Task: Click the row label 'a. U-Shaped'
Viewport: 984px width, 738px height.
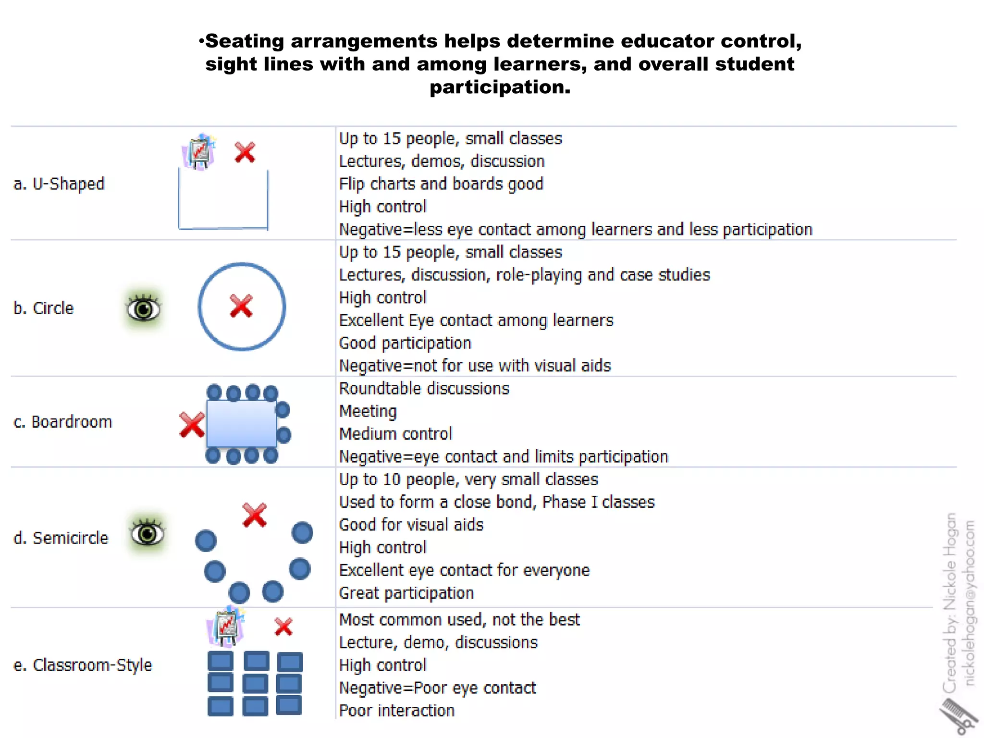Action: pyautogui.click(x=59, y=184)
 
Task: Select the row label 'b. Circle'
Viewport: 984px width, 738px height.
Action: pyautogui.click(x=44, y=308)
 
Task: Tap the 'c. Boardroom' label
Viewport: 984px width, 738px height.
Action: pyautogui.click(x=63, y=422)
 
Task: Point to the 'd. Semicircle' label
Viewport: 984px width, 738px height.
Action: pyautogui.click(x=61, y=538)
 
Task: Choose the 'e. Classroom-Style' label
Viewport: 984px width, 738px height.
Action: pyautogui.click(x=83, y=665)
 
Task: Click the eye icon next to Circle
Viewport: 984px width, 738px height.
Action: pyautogui.click(x=143, y=308)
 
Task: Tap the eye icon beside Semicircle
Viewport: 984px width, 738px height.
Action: pyautogui.click(x=147, y=534)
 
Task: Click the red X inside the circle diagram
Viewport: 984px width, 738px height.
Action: pyautogui.click(x=241, y=307)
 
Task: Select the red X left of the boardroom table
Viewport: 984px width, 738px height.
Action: pyautogui.click(x=192, y=425)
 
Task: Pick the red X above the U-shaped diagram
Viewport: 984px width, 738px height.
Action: pyautogui.click(x=245, y=152)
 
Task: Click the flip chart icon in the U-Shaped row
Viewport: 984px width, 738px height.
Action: pyautogui.click(x=199, y=152)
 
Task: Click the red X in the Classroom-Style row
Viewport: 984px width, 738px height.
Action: pyautogui.click(x=283, y=627)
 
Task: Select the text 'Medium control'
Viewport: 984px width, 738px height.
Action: pyautogui.click(x=395, y=434)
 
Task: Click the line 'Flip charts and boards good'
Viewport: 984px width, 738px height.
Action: pyautogui.click(x=441, y=184)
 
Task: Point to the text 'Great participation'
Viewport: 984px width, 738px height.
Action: pyautogui.click(x=406, y=593)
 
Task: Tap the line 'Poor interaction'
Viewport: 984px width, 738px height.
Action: pyautogui.click(x=397, y=711)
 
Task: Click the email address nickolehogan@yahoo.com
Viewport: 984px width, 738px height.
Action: pyautogui.click(x=970, y=603)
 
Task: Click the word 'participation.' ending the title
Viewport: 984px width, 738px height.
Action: pyautogui.click(x=500, y=87)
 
